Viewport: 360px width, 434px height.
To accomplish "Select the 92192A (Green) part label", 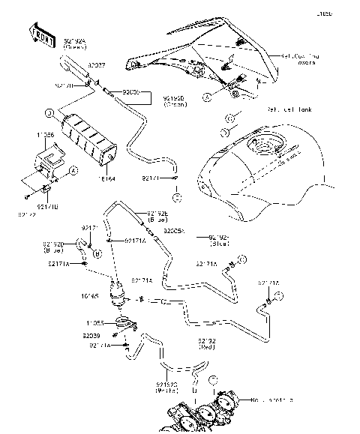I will click(75, 44).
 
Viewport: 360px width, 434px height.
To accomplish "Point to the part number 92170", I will click(84, 85).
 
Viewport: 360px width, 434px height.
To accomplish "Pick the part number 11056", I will click(45, 134).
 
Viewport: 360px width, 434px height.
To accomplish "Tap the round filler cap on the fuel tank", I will click(267, 145).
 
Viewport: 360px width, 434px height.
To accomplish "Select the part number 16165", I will click(89, 296).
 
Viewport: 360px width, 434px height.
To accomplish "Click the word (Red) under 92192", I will click(208, 348).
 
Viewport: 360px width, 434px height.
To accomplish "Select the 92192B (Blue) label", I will click(157, 218).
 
